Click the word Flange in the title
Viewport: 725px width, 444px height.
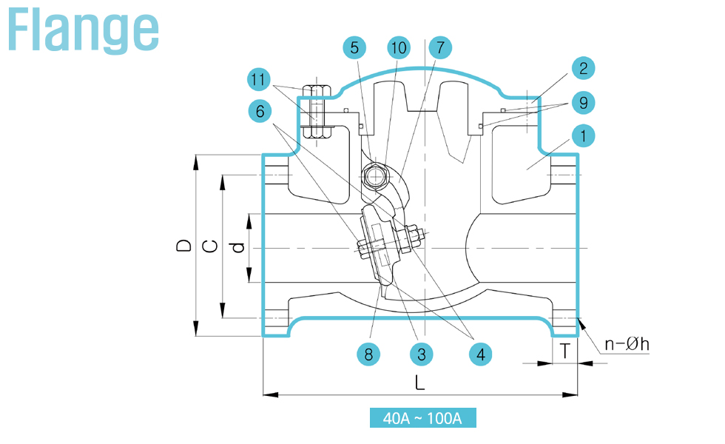coord(83,30)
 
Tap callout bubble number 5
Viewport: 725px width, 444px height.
coord(354,47)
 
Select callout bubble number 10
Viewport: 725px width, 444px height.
coord(399,47)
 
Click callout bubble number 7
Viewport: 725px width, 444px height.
coord(440,47)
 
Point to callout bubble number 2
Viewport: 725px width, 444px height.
coord(584,68)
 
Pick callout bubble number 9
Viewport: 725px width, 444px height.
coord(584,103)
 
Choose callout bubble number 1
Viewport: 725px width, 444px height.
coord(584,136)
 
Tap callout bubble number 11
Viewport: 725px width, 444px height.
coord(259,80)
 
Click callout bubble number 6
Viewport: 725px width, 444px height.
coord(260,112)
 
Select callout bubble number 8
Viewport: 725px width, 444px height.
coord(368,354)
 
